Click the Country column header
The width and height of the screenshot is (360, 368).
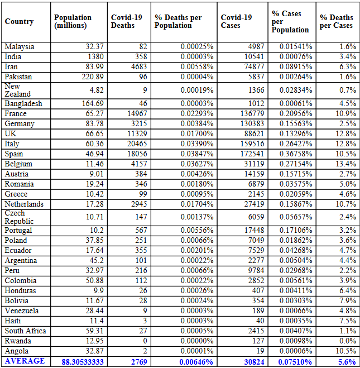point(20,22)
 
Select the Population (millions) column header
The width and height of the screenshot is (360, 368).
point(73,22)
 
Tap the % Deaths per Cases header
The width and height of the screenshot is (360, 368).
point(336,22)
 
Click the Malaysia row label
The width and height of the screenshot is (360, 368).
point(20,46)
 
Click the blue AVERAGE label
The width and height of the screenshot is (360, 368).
point(25,361)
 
